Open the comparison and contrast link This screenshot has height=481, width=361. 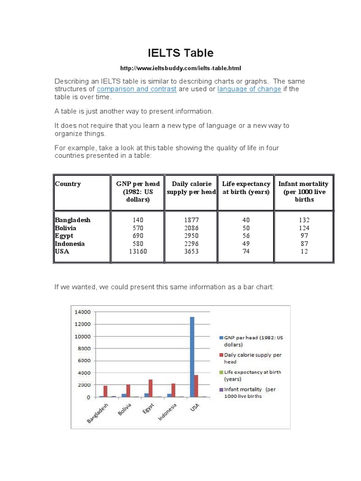pyautogui.click(x=136, y=89)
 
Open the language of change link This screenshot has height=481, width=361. pyautogui.click(x=249, y=89)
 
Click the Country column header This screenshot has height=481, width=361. pyautogui.click(x=68, y=184)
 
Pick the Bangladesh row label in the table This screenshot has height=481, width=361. pyautogui.click(x=72, y=220)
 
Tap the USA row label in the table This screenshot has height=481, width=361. pyautogui.click(x=62, y=251)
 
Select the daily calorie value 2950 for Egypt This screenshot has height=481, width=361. pyautogui.click(x=191, y=236)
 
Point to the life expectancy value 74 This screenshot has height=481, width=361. pyautogui.click(x=246, y=251)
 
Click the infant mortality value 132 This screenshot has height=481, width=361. pyautogui.click(x=304, y=220)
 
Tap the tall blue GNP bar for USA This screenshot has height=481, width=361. pyautogui.click(x=192, y=357)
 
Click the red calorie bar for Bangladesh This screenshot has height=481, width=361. pyautogui.click(x=106, y=391)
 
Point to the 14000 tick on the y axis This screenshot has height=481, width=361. pyautogui.click(x=82, y=312)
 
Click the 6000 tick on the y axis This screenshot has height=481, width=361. pyautogui.click(x=84, y=361)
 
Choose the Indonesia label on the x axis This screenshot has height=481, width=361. pyautogui.click(x=167, y=413)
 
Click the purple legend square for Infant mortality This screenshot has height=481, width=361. pyautogui.click(x=221, y=389)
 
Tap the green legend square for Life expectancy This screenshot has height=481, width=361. pyautogui.click(x=221, y=372)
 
